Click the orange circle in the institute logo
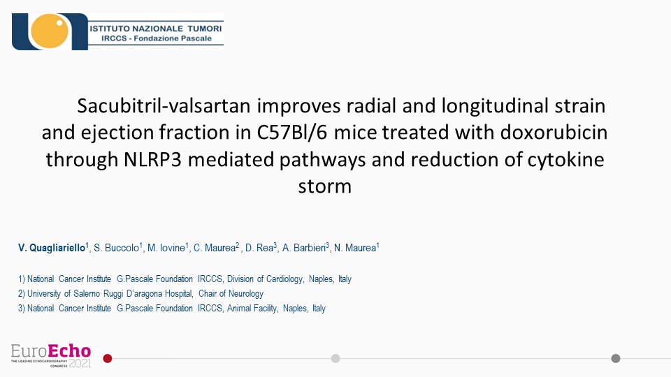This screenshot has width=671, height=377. tap(49, 31)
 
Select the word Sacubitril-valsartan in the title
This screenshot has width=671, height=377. tap(164, 106)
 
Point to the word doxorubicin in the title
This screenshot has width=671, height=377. tap(554, 132)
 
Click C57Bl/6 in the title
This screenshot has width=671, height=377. tap(292, 133)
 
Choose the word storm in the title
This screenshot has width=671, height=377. tap(325, 186)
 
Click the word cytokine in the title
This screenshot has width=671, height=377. tap(565, 159)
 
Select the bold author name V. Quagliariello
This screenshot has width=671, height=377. tap(52, 248)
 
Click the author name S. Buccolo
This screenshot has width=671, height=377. tap(117, 248)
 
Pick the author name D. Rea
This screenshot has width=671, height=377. tap(259, 248)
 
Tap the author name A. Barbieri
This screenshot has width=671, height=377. tap(304, 248)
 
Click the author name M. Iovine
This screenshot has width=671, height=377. tap(166, 248)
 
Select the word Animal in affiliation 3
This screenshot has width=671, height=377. tap(238, 308)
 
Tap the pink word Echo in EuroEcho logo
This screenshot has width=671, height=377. tap(69, 351)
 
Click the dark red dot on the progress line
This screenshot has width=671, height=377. tap(108, 359)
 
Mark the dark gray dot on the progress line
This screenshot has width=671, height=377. tap(616, 359)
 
